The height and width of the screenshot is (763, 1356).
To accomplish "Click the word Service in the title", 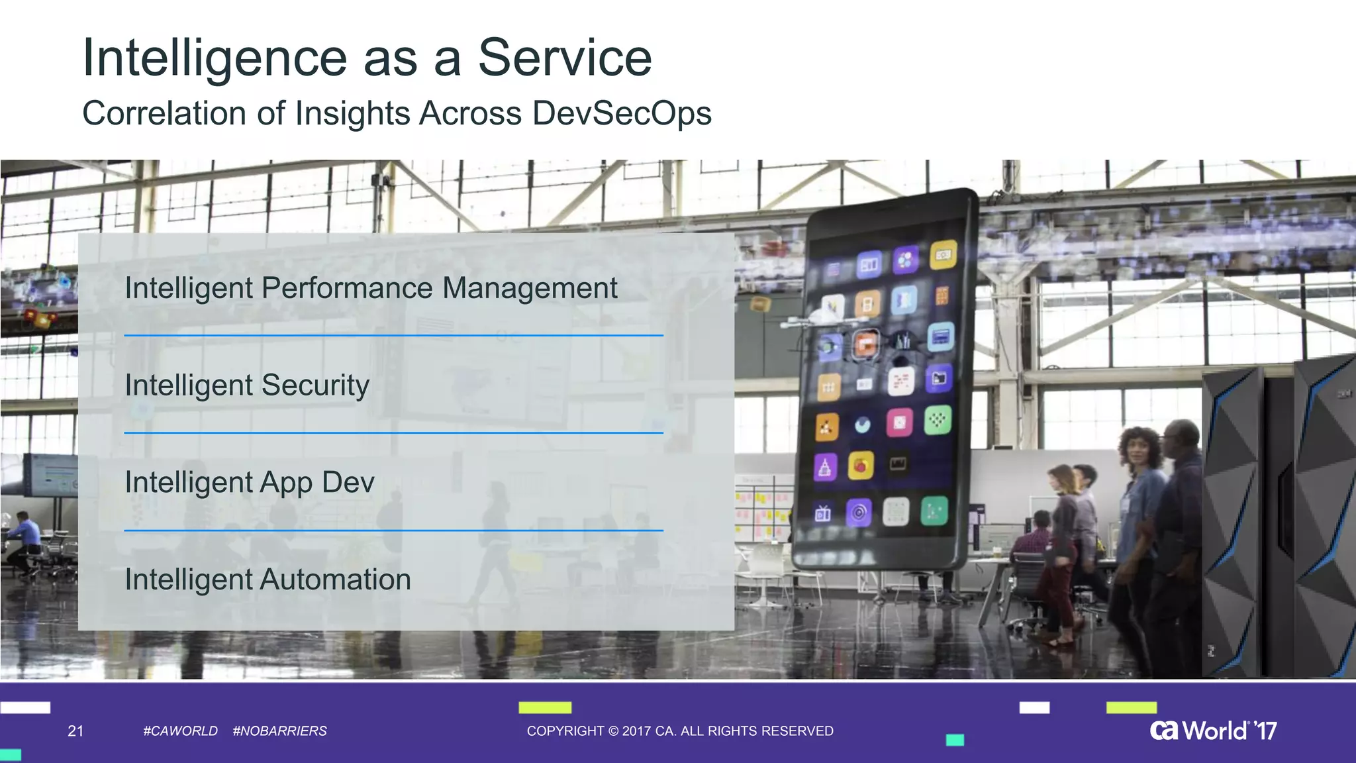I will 564,58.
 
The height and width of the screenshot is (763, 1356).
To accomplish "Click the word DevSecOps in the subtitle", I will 621,113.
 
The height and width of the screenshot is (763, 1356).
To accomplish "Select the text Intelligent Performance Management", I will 371,288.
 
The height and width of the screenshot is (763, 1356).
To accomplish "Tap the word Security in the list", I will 315,385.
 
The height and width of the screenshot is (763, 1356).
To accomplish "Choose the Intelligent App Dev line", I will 250,482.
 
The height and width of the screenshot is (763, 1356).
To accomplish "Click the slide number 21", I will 75,731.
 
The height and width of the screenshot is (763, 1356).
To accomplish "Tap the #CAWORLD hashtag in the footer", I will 180,731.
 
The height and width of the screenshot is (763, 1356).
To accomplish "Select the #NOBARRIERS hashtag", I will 279,731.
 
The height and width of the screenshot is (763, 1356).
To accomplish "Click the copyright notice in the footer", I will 680,731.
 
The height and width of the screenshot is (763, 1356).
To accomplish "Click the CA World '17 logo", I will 1213,731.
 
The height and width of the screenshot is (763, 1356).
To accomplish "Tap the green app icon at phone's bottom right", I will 934,511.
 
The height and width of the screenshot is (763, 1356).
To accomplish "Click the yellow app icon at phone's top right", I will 943,255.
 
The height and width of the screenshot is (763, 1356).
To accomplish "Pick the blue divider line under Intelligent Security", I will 393,433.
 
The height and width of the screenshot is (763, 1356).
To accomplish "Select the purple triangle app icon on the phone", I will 824,468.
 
